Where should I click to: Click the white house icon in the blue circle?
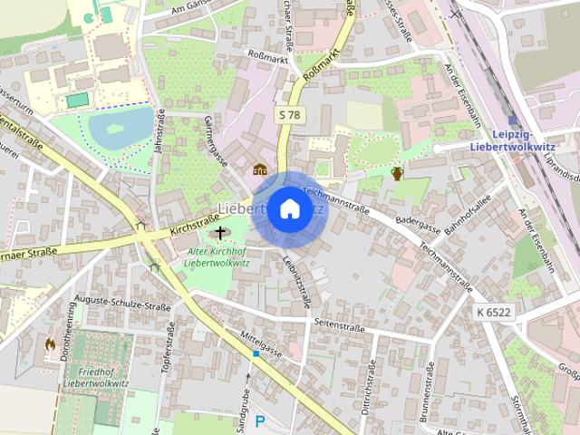pyautogui.click(x=289, y=208)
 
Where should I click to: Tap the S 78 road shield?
pyautogui.click(x=288, y=115)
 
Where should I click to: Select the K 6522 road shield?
pyautogui.click(x=492, y=311)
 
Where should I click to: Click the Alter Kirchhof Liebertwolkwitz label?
pyautogui.click(x=217, y=256)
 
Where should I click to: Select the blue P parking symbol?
pyautogui.click(x=260, y=421)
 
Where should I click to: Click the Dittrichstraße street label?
pyautogui.click(x=369, y=396)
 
